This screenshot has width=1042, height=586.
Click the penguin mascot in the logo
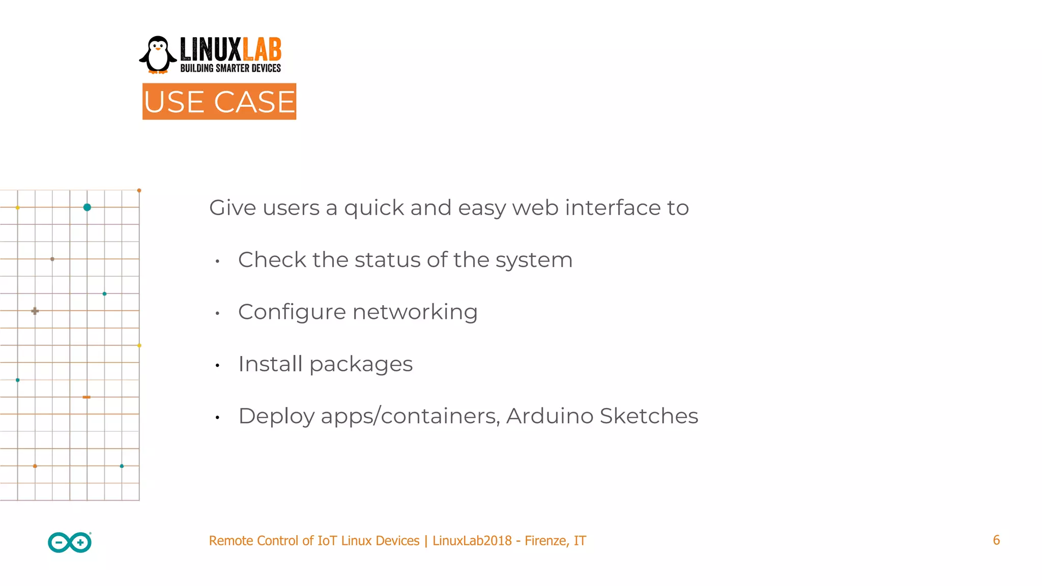[158, 55]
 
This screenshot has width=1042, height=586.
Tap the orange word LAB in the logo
[262, 50]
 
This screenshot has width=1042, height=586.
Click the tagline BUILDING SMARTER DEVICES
[230, 68]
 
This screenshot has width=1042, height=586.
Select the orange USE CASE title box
[219, 102]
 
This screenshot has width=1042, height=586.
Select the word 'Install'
[270, 364]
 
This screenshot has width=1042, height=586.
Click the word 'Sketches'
[649, 416]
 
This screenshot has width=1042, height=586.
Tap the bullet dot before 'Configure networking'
[217, 313]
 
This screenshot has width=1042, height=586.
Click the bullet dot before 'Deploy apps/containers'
[217, 418]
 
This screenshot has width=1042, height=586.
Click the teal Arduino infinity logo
[70, 542]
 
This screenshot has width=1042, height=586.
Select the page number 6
[996, 540]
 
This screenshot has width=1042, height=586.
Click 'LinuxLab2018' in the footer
[472, 541]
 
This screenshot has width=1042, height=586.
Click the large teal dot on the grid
[87, 207]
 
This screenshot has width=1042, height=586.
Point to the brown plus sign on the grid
[35, 311]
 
